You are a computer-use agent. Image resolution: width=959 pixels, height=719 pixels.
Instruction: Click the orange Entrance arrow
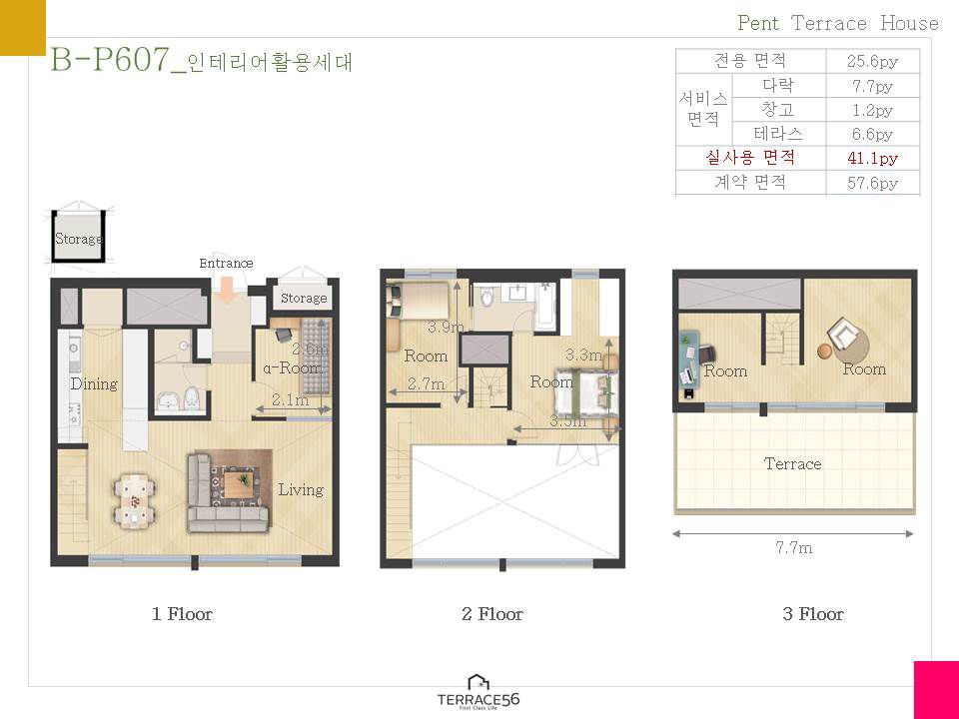point(227,290)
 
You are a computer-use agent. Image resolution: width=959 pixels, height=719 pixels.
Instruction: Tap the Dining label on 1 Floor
point(94,383)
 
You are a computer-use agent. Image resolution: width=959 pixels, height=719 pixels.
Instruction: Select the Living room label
point(301,489)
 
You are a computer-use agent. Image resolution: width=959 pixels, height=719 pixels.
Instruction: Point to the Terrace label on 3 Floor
point(792,464)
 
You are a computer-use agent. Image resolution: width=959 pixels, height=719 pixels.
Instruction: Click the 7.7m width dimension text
point(794,548)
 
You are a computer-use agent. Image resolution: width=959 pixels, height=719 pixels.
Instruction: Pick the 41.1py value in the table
point(873,159)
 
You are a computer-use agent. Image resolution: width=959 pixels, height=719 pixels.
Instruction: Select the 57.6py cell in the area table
point(873,183)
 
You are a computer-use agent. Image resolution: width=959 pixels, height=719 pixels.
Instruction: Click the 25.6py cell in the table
point(873,61)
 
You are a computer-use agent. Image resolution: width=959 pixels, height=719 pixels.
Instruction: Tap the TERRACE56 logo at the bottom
point(479,692)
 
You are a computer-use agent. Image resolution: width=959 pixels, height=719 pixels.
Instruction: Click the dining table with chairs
point(134,500)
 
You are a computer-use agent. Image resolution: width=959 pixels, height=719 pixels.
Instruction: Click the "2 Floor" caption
point(492,614)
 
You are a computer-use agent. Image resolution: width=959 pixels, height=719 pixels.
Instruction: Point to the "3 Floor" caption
point(813,614)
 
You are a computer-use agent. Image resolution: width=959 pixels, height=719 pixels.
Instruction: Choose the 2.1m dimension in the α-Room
point(290,399)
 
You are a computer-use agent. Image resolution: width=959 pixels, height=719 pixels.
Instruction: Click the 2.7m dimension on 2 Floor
point(426,383)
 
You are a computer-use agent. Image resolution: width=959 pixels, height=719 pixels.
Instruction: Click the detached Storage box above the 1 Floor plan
point(78,237)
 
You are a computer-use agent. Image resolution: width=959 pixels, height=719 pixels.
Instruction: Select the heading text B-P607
point(110,60)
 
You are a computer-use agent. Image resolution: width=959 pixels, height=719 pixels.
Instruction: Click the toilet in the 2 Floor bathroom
point(486,298)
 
